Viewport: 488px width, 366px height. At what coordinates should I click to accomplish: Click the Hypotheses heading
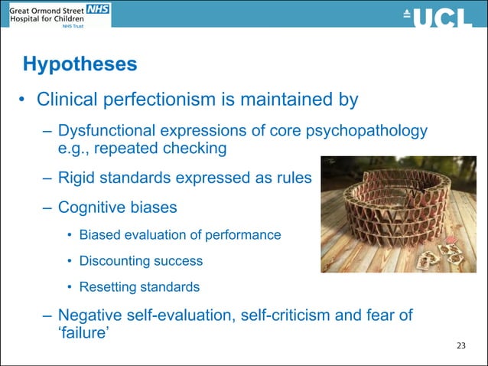click(x=80, y=64)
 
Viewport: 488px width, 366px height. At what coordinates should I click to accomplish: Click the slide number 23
click(x=460, y=347)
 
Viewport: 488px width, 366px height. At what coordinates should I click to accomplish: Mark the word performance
click(x=246, y=234)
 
